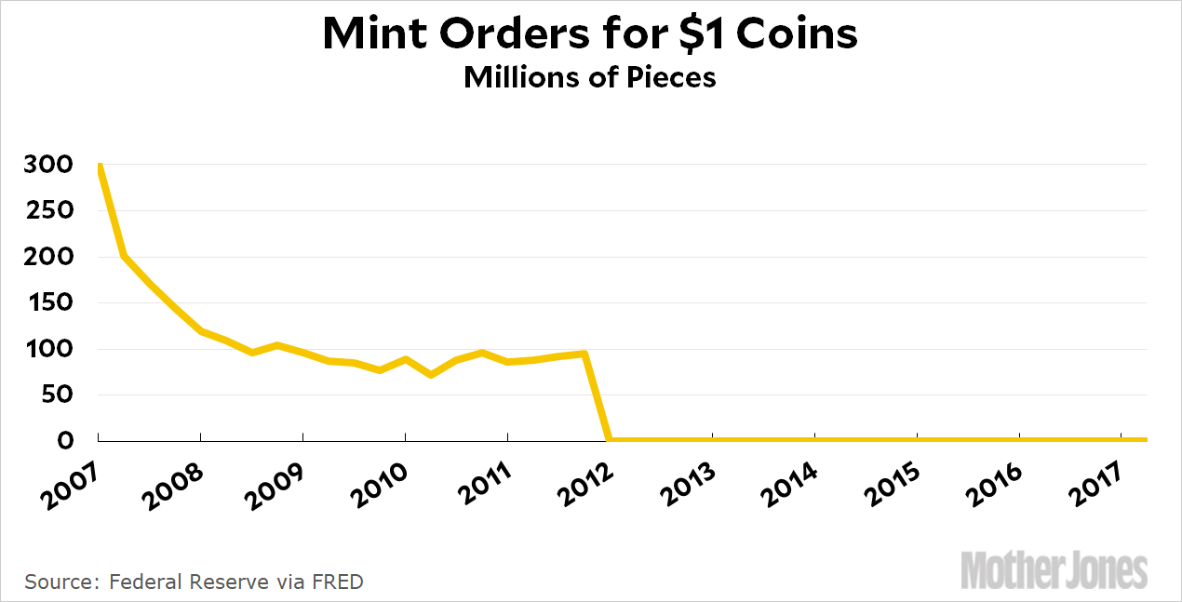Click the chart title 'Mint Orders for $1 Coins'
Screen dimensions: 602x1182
pos(590,33)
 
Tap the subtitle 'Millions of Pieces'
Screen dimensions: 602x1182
pos(590,77)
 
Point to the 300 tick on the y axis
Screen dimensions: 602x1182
pos(48,165)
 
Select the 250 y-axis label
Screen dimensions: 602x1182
pos(48,210)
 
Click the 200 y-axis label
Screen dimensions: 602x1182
pos(48,257)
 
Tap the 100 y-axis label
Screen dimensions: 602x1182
pos(48,349)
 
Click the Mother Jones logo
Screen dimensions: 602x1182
pos(1054,569)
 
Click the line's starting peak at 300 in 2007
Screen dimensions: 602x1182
pos(99,166)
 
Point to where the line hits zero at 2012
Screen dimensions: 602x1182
pos(609,439)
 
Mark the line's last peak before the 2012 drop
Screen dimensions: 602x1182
pos(584,354)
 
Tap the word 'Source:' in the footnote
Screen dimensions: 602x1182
pos(60,582)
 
